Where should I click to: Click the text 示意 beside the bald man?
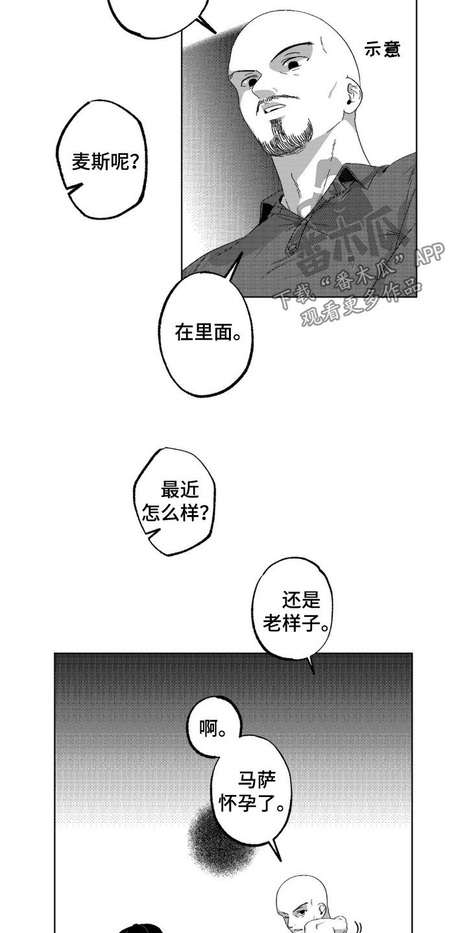click(x=383, y=50)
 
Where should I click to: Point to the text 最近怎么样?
click(x=174, y=503)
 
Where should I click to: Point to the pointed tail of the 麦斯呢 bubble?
click(x=73, y=189)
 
